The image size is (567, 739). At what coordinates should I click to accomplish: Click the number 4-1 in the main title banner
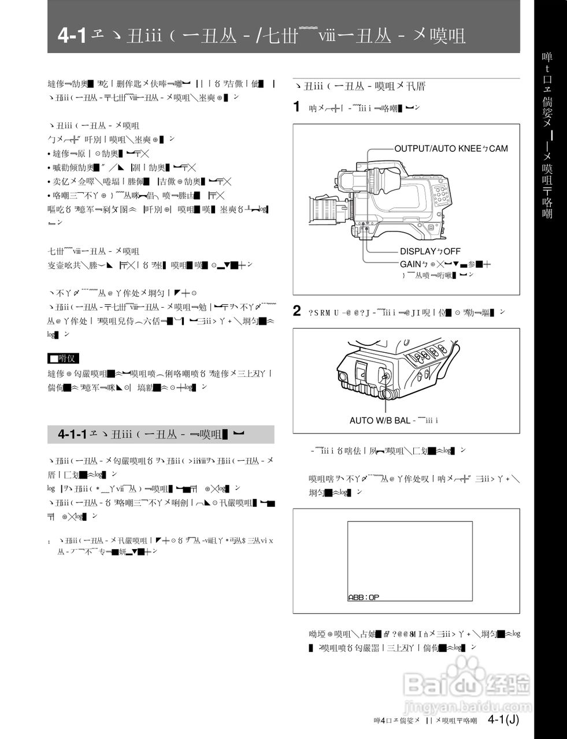point(72,36)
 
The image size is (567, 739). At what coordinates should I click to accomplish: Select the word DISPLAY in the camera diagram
point(417,251)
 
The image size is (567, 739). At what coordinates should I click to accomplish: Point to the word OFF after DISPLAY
point(451,251)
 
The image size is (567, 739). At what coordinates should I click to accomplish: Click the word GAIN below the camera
point(410,264)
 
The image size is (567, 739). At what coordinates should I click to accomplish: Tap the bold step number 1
point(297,106)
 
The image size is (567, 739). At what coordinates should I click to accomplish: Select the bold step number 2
point(297,311)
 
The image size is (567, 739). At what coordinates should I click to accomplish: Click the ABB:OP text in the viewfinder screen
point(364,598)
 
